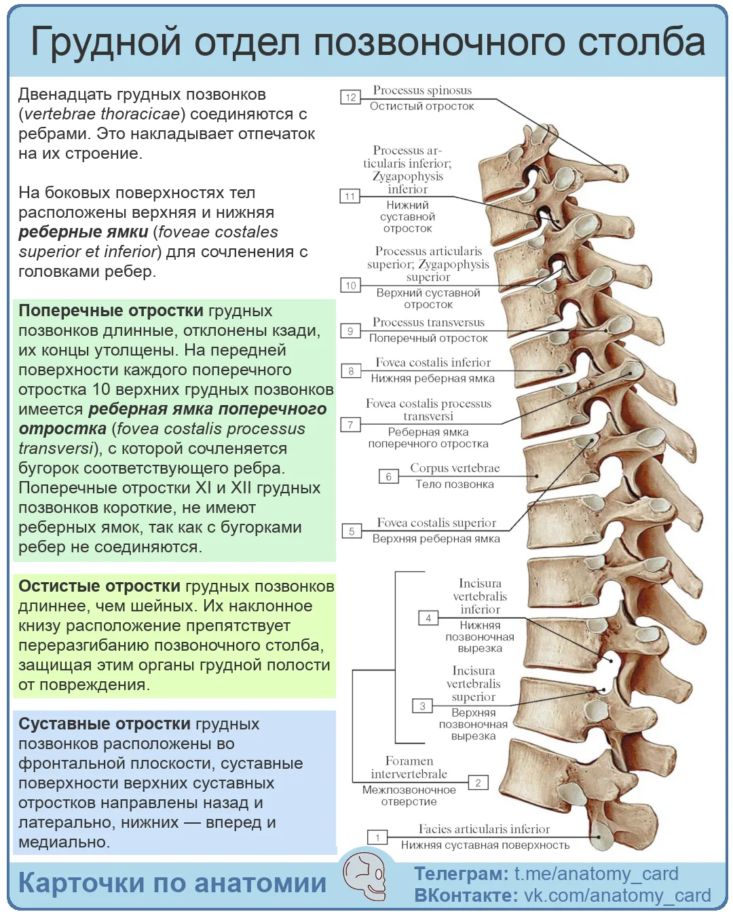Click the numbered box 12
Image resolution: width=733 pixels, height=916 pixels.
tap(350, 97)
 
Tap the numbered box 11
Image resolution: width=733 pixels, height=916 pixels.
tap(350, 196)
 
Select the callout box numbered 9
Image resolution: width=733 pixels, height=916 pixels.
tap(350, 330)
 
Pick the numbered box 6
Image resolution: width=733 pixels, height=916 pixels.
tap(388, 476)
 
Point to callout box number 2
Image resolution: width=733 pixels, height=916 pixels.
tap(478, 782)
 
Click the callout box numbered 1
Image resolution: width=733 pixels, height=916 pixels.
tap(377, 838)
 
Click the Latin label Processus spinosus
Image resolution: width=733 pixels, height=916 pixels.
tap(422, 90)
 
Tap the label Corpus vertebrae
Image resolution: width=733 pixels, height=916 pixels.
tap(455, 467)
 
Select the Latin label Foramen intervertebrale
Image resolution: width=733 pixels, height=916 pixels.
tap(409, 767)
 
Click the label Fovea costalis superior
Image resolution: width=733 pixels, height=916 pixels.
tap(436, 522)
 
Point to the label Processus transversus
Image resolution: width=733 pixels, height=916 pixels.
tap(428, 322)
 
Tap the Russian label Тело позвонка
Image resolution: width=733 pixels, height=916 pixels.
tap(455, 484)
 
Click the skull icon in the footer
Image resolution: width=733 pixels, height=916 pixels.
tap(364, 876)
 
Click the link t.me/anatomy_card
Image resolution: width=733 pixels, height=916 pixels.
tap(597, 874)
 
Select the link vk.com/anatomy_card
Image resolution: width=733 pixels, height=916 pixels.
tap(618, 895)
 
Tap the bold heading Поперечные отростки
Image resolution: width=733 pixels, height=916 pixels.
tap(111, 310)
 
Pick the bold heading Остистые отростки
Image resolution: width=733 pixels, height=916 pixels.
tap(100, 586)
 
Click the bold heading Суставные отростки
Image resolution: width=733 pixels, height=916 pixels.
tap(105, 723)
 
